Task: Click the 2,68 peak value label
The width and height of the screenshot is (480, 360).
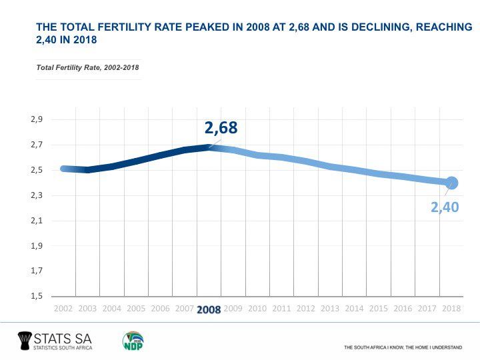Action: (221, 128)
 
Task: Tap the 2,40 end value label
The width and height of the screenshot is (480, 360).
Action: (445, 207)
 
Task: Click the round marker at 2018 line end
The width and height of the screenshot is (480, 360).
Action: (451, 183)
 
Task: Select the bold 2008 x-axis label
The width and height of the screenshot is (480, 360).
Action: (209, 309)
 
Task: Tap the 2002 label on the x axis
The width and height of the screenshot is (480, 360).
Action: (63, 309)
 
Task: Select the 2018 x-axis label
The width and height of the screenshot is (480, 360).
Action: (451, 309)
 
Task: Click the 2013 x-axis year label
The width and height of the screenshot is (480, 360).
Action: (330, 309)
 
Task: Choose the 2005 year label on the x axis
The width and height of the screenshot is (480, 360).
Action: (136, 309)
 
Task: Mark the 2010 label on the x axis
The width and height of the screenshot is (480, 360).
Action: (257, 309)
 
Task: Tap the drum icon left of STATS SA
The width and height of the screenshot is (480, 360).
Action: (27, 340)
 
